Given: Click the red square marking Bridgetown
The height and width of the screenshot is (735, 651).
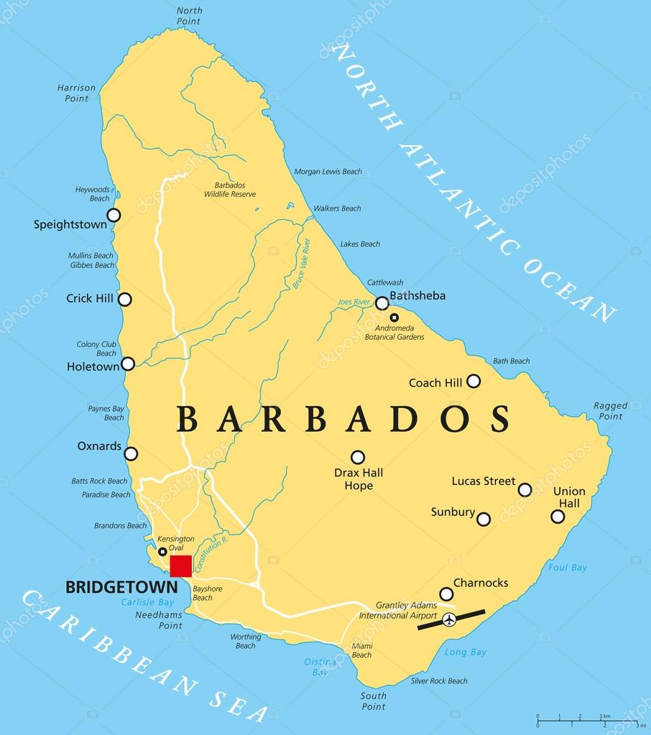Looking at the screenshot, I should click(180, 565).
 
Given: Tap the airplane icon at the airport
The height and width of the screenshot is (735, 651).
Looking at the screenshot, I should click(450, 619).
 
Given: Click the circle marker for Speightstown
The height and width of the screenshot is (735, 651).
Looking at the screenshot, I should click(114, 215).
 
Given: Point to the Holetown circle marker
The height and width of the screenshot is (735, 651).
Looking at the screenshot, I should click(128, 364).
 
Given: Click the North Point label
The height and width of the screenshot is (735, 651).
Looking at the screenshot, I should click(190, 16).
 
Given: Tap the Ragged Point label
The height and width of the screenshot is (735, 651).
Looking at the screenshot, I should click(610, 411).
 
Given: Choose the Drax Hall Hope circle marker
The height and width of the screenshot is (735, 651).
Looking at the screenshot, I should click(357, 457).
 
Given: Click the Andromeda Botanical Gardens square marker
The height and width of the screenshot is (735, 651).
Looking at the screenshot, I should click(394, 318).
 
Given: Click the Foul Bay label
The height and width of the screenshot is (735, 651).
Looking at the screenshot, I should click(568, 568).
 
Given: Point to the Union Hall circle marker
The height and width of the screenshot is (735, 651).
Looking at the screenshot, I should click(558, 516).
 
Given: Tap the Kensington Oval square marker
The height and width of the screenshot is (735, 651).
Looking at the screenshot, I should click(163, 552).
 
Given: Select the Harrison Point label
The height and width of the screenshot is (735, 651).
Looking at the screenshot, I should click(76, 93).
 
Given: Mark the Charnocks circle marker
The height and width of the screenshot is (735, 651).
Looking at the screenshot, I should click(446, 594).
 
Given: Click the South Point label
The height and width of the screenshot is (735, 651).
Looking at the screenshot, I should click(374, 701).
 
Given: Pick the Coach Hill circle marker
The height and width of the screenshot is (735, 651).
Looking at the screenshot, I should click(474, 381).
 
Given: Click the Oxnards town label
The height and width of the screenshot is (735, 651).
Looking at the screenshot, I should click(99, 446).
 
